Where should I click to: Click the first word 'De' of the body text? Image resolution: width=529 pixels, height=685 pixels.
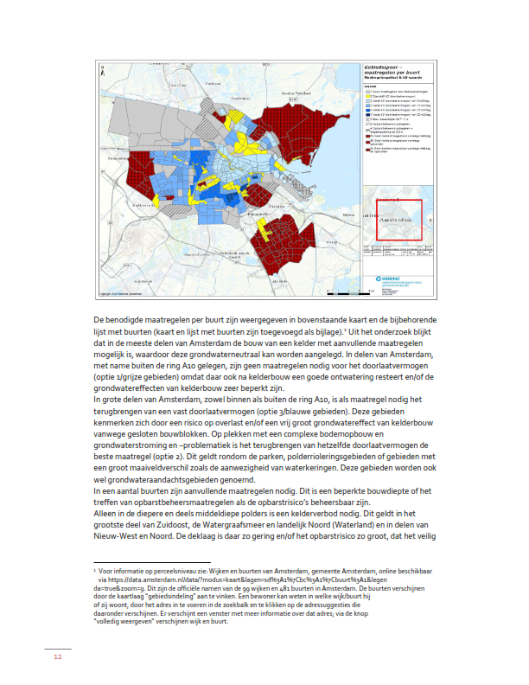(99, 321)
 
